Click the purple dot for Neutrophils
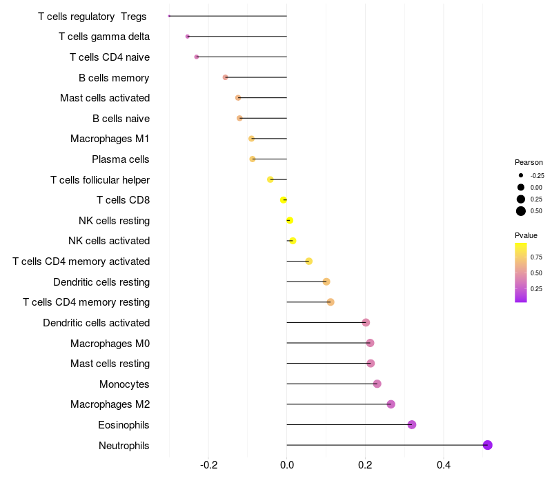point(487,445)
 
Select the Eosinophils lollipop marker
point(412,424)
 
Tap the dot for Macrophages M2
point(391,404)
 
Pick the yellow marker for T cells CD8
point(284,200)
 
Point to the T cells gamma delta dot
point(188,37)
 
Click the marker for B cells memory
point(226,77)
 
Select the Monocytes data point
point(377,384)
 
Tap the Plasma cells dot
point(253,159)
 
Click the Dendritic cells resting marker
point(326,282)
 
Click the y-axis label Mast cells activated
point(105,98)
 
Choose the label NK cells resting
point(114,221)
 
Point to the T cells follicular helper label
point(100,180)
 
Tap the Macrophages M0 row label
point(110,343)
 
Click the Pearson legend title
point(529,162)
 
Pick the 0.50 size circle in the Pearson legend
point(520,211)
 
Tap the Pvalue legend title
point(526,235)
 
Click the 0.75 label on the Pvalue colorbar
point(536,257)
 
